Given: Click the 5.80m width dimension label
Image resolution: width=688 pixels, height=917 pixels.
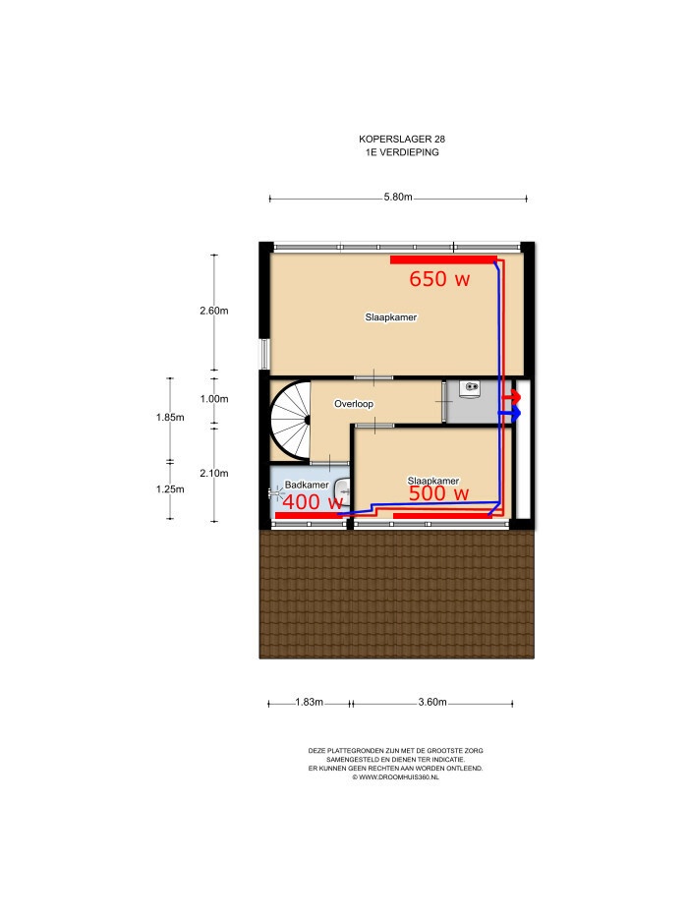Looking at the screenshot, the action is click(398, 198).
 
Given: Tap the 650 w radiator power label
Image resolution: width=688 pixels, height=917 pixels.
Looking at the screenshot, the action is click(439, 279).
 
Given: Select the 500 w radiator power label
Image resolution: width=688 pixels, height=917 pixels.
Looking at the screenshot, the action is click(438, 493).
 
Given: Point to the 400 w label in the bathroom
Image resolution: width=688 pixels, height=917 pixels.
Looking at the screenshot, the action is click(312, 502).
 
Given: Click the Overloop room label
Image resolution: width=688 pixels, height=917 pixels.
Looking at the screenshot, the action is click(354, 404).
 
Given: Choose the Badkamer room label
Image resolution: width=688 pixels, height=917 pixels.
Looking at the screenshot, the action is click(307, 485).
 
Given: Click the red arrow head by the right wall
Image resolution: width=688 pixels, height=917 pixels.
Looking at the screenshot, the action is click(515, 396).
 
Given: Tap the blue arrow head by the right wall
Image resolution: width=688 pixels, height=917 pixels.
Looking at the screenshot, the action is click(515, 414).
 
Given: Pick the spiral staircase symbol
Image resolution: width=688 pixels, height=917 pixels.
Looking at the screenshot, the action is click(291, 420).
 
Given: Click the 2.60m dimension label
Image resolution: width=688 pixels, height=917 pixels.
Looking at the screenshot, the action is click(214, 311).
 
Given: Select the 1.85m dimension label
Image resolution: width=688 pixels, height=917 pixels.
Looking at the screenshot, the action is click(170, 417).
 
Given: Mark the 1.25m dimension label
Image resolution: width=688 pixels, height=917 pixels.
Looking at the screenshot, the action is click(170, 488).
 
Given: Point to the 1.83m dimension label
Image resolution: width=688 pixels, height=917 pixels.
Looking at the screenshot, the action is click(309, 702).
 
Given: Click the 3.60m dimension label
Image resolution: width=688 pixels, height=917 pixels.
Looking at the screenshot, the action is click(432, 702).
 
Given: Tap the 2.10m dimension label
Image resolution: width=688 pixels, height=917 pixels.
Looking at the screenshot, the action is click(214, 473).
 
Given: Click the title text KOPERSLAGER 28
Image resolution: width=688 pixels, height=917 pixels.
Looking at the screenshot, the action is click(402, 140).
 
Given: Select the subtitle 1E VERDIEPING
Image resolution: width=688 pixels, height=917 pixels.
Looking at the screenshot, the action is click(402, 152).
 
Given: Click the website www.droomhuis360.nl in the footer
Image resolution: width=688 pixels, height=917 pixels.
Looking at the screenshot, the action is click(395, 777).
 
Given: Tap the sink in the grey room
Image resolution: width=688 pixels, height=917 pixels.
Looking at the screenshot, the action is click(470, 388).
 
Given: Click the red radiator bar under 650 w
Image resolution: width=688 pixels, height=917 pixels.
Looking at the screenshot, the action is click(443, 259).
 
